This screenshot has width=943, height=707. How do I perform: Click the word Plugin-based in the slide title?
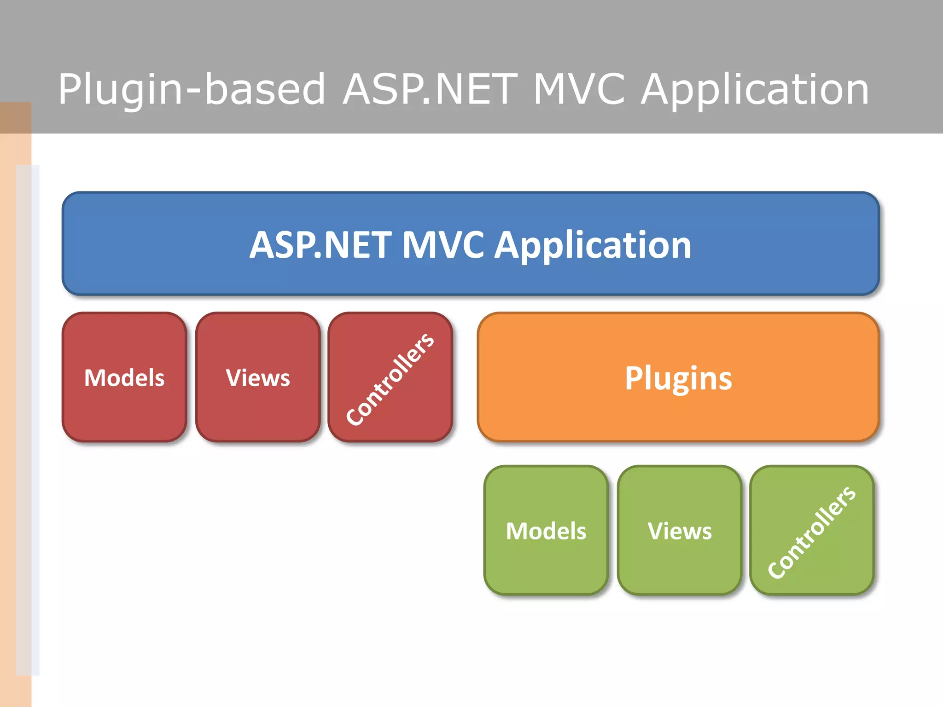pos(192,89)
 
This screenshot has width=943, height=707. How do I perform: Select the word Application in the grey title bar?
pos(755,89)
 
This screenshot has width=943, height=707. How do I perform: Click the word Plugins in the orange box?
pos(678,378)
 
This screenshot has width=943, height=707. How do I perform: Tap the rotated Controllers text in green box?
pos(812,532)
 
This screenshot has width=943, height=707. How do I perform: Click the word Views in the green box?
pos(680,531)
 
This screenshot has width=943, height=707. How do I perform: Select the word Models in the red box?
pos(124,378)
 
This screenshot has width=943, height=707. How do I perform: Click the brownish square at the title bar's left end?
pos(16,118)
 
